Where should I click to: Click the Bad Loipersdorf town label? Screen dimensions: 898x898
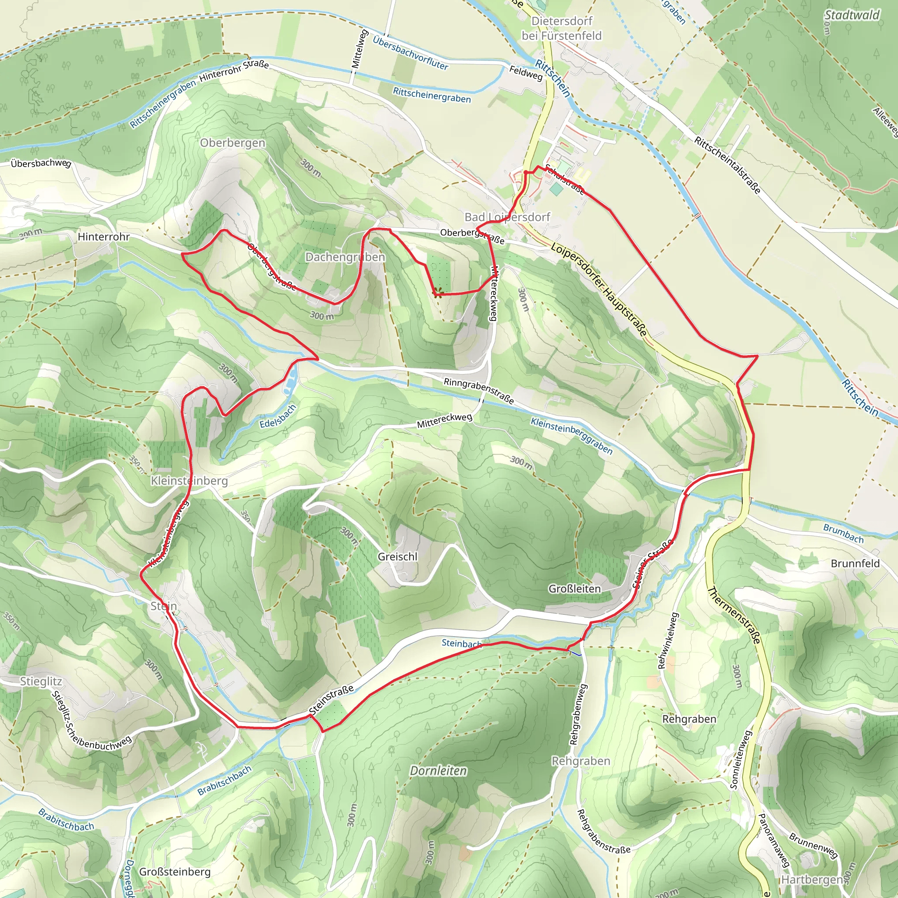pos(507,217)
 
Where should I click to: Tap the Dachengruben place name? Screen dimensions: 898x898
pos(345,257)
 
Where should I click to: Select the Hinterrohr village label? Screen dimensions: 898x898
pos(103,237)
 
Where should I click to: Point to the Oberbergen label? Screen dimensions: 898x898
pos(232,143)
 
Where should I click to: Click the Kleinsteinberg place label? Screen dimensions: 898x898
pos(189,481)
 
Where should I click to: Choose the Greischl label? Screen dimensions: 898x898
pos(397,556)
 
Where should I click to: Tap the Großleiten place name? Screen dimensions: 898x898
pos(574,588)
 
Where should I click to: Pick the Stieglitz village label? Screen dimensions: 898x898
pos(41,681)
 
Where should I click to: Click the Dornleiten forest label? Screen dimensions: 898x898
pos(438,771)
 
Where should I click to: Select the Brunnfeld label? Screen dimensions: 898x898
pos(855,563)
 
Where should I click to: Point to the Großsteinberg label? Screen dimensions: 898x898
pos(175,872)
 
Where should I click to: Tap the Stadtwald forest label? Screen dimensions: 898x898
pos(852,15)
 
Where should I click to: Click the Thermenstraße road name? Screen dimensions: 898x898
pos(734,615)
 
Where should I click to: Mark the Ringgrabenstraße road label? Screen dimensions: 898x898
pos(479,390)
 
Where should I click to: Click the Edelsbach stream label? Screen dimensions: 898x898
pos(278,417)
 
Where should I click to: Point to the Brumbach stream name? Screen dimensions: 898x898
pos(843,534)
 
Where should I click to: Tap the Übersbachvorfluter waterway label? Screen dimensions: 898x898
pos(410,53)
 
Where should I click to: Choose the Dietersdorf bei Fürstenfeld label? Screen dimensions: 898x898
pos(562,29)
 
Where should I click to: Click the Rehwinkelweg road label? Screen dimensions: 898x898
pos(668,641)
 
